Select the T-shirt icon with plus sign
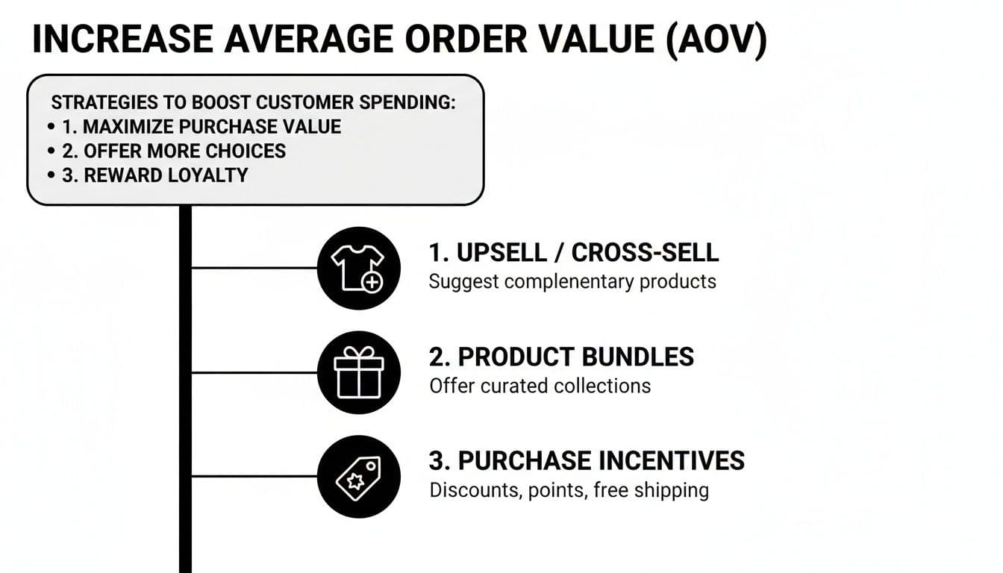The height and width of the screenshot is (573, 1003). (358, 267)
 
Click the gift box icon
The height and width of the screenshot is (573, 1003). (358, 372)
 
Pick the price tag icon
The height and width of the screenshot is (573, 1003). (358, 476)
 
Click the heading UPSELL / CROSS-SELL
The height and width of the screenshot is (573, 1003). (573, 253)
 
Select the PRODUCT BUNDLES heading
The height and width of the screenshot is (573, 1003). (561, 357)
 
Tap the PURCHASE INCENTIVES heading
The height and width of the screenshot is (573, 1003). (587, 461)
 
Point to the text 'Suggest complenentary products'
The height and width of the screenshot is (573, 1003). (572, 282)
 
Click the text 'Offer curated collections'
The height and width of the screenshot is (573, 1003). (540, 386)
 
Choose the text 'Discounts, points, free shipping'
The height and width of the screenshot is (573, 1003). (569, 491)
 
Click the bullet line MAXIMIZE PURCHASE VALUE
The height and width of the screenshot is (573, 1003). (201, 127)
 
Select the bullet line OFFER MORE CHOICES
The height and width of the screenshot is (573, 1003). (174, 151)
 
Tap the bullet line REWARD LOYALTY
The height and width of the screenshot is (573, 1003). (154, 175)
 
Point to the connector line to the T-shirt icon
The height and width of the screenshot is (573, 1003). (254, 267)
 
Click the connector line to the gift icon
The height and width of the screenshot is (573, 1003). (254, 372)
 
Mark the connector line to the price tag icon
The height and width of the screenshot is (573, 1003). (254, 476)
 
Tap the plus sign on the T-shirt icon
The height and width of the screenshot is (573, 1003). (371, 282)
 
